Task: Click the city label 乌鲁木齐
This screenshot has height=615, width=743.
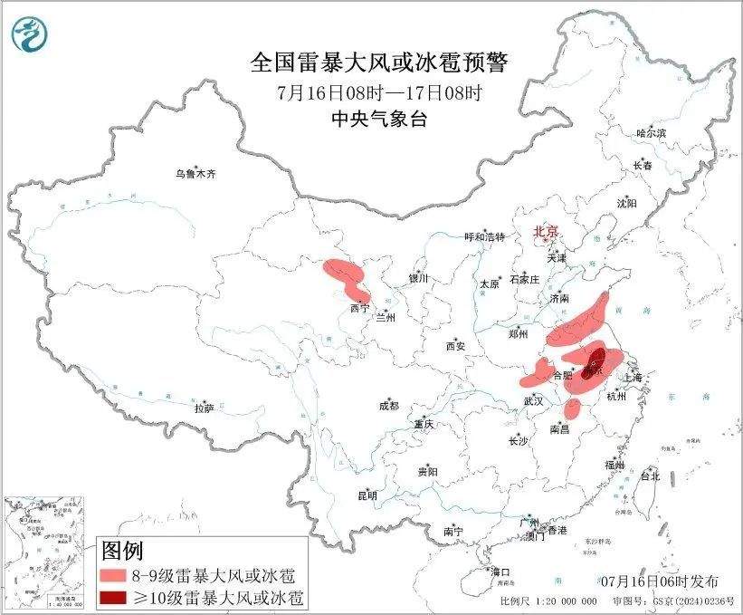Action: coord(196,174)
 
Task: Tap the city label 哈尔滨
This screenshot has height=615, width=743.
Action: coord(650,133)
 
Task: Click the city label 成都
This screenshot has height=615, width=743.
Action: coord(390,407)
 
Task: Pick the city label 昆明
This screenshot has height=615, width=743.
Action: coord(367,495)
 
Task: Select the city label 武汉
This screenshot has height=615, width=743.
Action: coord(533,400)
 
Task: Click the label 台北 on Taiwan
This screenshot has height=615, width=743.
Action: coord(650,476)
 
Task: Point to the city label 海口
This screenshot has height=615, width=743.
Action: coord(500,572)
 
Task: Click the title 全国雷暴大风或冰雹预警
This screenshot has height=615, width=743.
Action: coord(379,62)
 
